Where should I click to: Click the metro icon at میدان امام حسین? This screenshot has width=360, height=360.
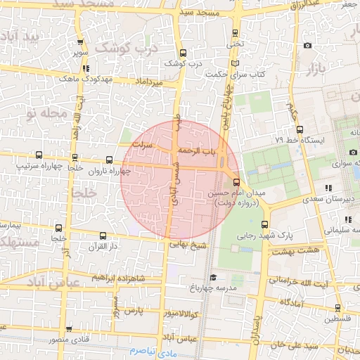(x=236, y=181)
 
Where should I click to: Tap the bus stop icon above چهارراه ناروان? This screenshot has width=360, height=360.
(x=108, y=160)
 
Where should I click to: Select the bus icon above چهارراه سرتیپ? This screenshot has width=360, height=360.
(x=38, y=155)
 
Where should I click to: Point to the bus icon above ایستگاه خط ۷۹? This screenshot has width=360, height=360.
(x=300, y=129)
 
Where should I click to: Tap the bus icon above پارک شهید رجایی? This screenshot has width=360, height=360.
(x=264, y=225)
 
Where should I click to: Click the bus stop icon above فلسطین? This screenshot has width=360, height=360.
(x=337, y=307)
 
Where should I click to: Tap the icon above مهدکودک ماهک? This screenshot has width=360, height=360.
(x=86, y=69)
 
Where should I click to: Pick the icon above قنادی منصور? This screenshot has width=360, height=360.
(x=69, y=329)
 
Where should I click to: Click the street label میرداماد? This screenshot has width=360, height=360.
(x=150, y=82)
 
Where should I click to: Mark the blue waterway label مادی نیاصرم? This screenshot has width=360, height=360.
(x=153, y=349)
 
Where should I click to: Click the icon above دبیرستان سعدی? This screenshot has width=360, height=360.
(x=328, y=188)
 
